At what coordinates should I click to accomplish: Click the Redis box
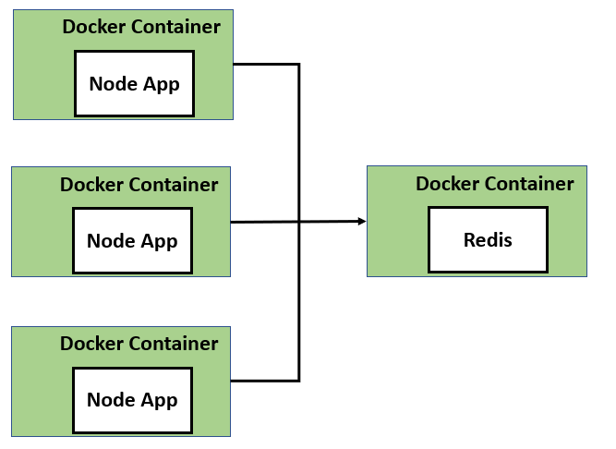[x=488, y=240]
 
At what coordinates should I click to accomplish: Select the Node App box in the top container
[x=134, y=83]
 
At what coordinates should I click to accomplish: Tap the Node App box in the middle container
[x=132, y=240]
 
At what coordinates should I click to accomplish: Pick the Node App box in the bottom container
[x=132, y=400]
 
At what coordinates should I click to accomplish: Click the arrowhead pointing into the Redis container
[x=362, y=221]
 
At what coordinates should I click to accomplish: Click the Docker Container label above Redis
[x=494, y=184]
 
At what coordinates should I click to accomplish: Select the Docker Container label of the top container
[x=141, y=27]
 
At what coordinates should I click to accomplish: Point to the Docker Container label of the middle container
[x=139, y=185]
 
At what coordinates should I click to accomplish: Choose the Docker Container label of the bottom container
[x=139, y=344]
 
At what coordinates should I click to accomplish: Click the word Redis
[x=488, y=240]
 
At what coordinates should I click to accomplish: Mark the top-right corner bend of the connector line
[x=299, y=65]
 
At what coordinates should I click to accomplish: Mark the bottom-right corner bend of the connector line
[x=299, y=380]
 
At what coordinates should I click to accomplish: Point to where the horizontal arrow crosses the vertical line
[x=299, y=222]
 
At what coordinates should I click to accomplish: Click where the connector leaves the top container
[x=236, y=65]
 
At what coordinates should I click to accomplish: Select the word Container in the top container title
[x=175, y=27]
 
